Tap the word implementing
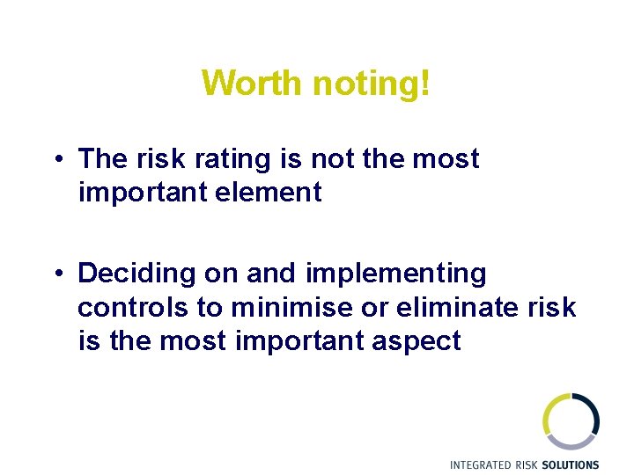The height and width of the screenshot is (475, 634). point(396,274)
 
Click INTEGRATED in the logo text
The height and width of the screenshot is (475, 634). point(480,464)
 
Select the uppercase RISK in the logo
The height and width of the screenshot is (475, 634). point(526,464)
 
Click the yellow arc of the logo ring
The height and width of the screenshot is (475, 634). point(548,413)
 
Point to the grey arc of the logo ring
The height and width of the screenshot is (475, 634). point(572,443)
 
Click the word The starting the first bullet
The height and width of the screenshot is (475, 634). point(103,159)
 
